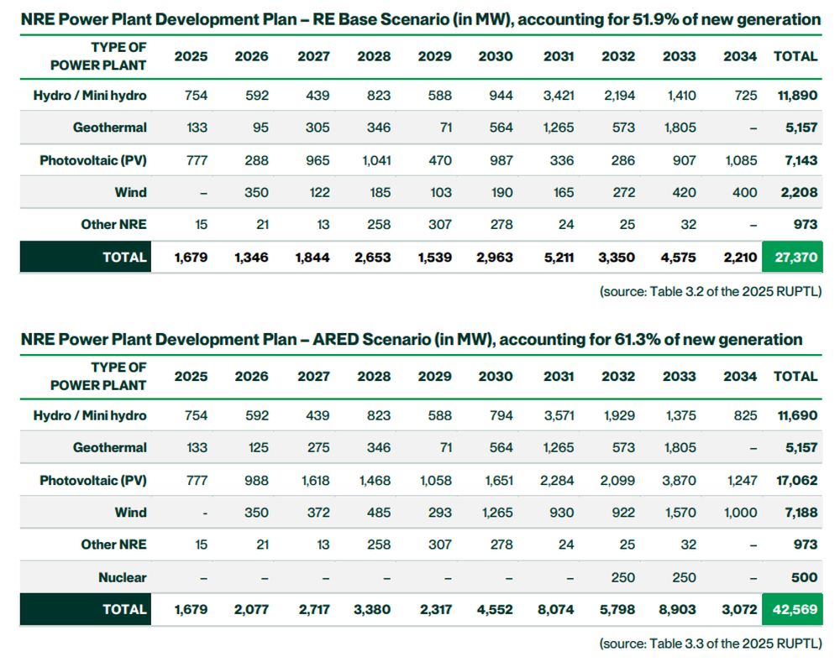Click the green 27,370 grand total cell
tap(792, 258)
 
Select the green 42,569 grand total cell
tap(792, 610)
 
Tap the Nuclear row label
tap(123, 577)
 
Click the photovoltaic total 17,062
tap(795, 481)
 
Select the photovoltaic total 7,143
tap(797, 160)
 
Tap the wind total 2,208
tap(797, 192)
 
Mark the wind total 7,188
tap(797, 513)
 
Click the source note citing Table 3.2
tap(710, 291)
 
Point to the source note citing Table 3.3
tap(710, 644)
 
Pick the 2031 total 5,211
tap(557, 258)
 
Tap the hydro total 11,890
tap(795, 96)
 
